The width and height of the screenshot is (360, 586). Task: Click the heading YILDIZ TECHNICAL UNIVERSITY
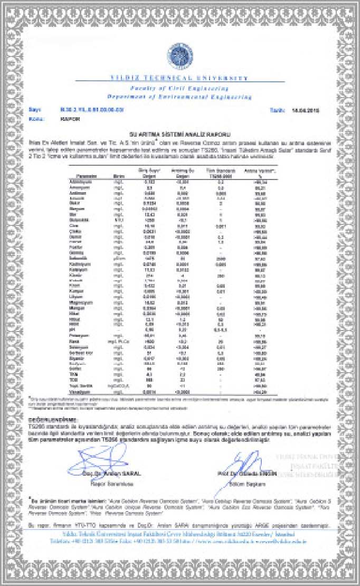click(179, 78)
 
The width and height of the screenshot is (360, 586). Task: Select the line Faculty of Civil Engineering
click(179, 88)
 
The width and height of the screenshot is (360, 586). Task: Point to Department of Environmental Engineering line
click(179, 97)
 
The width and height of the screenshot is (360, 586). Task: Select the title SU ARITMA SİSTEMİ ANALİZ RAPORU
click(180, 135)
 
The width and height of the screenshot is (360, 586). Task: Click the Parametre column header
click(86, 175)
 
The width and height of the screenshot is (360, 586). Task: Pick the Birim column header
click(118, 175)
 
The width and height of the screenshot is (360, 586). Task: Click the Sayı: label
click(35, 110)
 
